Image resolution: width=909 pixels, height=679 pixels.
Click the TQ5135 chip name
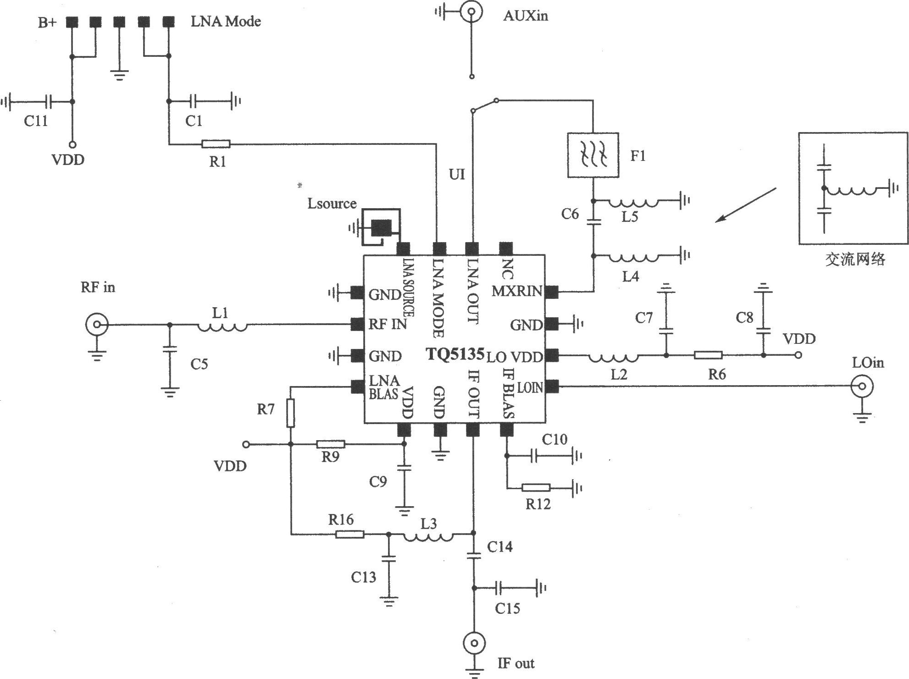[x=455, y=354]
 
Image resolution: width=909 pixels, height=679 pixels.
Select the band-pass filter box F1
[x=593, y=155]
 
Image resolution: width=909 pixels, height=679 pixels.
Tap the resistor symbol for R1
[x=216, y=144]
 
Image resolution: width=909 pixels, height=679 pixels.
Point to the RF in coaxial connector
[x=96, y=325]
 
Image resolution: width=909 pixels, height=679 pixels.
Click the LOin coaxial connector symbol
[x=862, y=386]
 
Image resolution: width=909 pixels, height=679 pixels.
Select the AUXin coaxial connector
[x=471, y=12]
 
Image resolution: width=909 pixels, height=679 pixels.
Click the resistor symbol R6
[x=709, y=355]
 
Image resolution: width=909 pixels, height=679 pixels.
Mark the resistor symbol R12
[x=536, y=487]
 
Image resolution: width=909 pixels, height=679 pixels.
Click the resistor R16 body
[x=350, y=534]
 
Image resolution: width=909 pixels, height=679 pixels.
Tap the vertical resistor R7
[x=290, y=413]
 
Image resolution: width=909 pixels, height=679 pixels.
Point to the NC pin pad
[x=505, y=249]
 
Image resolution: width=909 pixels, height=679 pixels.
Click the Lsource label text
[x=332, y=203]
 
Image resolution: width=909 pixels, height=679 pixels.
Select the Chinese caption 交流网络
[x=855, y=259]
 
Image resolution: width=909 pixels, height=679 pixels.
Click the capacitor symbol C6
[x=593, y=222]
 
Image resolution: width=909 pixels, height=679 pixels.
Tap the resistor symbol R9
[x=331, y=444]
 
